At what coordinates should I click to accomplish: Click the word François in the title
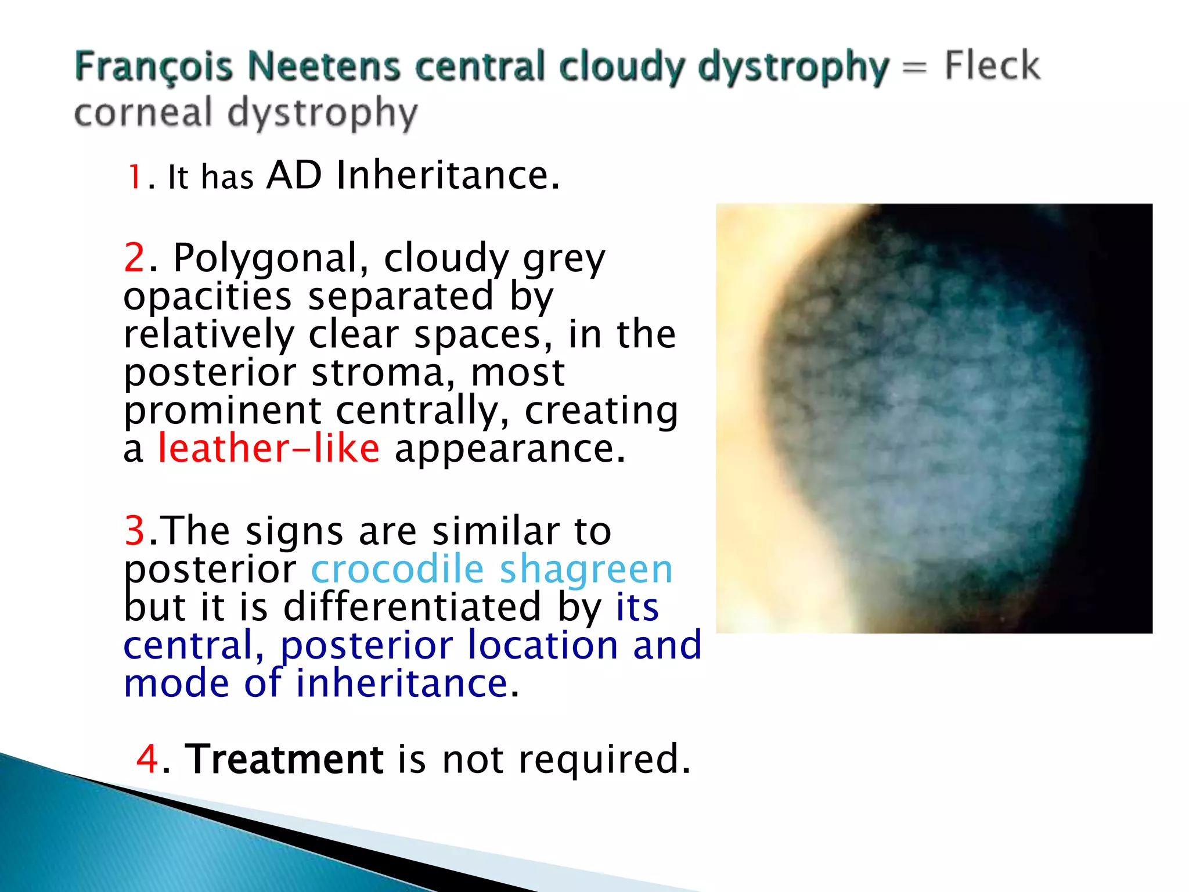pos(153,67)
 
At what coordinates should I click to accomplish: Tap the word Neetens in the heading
pos(324,66)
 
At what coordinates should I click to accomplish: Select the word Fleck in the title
pos(992,65)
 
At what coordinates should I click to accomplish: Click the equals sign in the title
pos(915,69)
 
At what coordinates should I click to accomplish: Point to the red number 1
pos(135,177)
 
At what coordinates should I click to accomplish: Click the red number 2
pos(134,257)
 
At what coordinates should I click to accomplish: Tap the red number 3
pos(134,530)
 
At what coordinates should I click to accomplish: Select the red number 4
pos(147,758)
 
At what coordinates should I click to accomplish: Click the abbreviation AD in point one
pos(294,175)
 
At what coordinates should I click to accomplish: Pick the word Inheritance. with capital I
pos(448,175)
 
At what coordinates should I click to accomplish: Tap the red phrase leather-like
pos(269,448)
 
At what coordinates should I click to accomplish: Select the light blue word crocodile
pos(397,569)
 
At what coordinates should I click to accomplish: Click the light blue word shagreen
pos(586,570)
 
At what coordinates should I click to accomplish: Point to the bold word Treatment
pos(284,758)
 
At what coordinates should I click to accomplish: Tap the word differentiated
pos(413,607)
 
